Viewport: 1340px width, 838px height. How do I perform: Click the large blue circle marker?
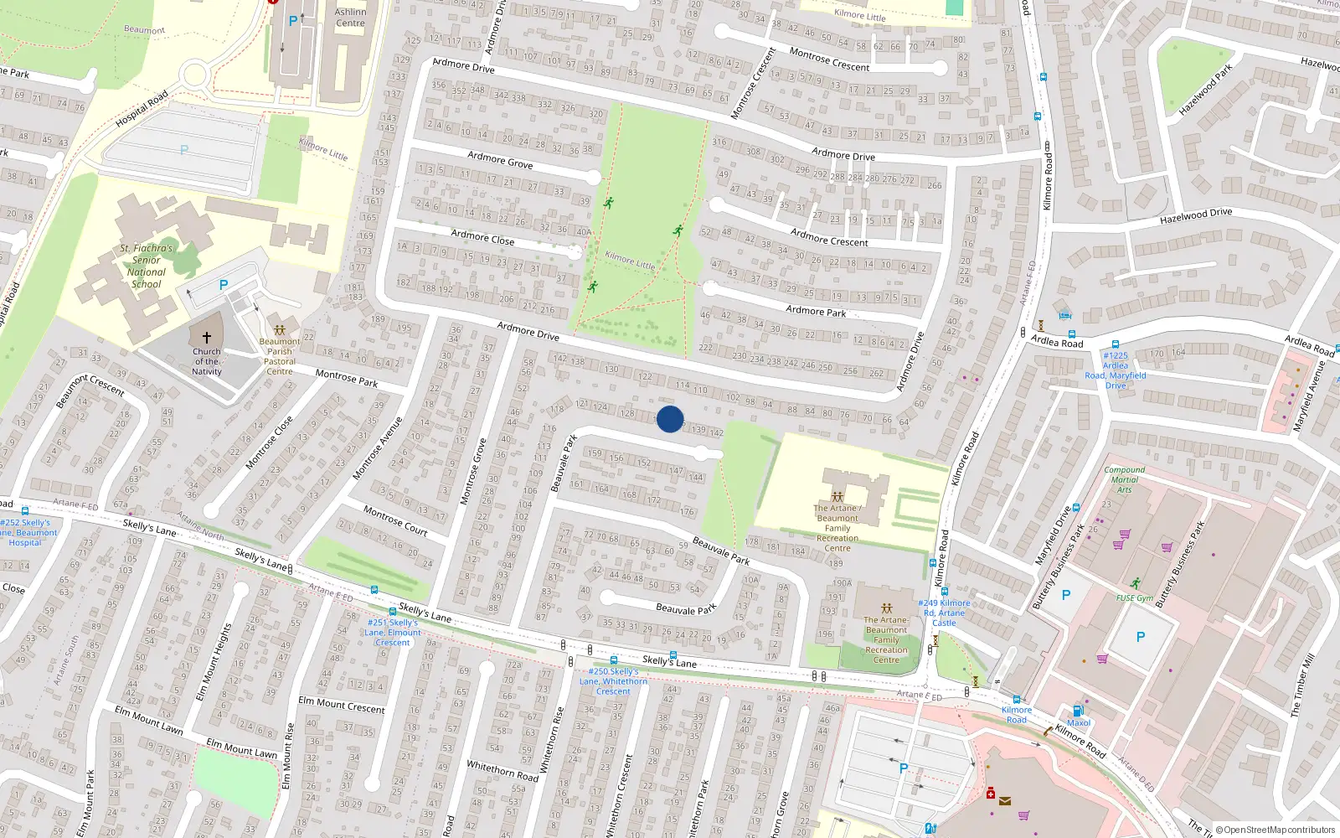tap(670, 419)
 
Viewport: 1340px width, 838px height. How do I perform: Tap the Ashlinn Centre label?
tap(350, 18)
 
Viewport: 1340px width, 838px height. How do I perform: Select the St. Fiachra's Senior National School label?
tap(147, 266)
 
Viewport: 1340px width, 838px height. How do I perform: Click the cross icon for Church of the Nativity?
tap(207, 338)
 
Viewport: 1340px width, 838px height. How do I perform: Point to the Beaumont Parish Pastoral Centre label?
tap(280, 356)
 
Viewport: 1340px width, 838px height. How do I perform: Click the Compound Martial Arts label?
tap(1124, 479)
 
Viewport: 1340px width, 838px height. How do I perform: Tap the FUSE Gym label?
tap(1134, 597)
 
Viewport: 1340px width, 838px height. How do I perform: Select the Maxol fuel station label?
tap(1079, 722)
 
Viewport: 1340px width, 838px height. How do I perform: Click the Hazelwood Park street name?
tap(1205, 90)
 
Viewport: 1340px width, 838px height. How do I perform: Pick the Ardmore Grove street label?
tap(500, 159)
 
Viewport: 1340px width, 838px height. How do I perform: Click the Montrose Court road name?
tap(395, 520)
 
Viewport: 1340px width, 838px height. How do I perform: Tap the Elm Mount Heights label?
tap(213, 662)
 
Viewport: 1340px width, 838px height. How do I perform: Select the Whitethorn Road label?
tap(502, 770)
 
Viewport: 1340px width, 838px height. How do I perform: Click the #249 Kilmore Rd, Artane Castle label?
tap(944, 613)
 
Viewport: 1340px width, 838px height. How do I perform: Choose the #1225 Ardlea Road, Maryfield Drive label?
tap(1116, 370)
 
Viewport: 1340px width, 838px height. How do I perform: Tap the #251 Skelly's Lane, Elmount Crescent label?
tap(392, 632)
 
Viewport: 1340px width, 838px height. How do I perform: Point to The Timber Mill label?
tap(1302, 685)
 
